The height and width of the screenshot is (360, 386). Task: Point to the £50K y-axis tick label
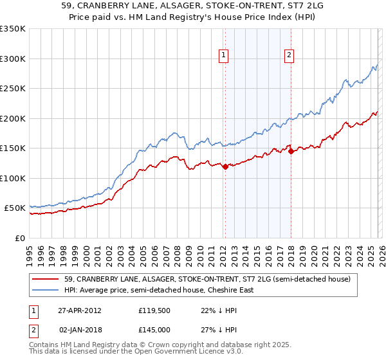(14, 208)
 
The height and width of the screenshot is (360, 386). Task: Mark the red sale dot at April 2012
(225, 167)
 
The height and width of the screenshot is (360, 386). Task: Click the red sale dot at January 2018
(291, 152)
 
